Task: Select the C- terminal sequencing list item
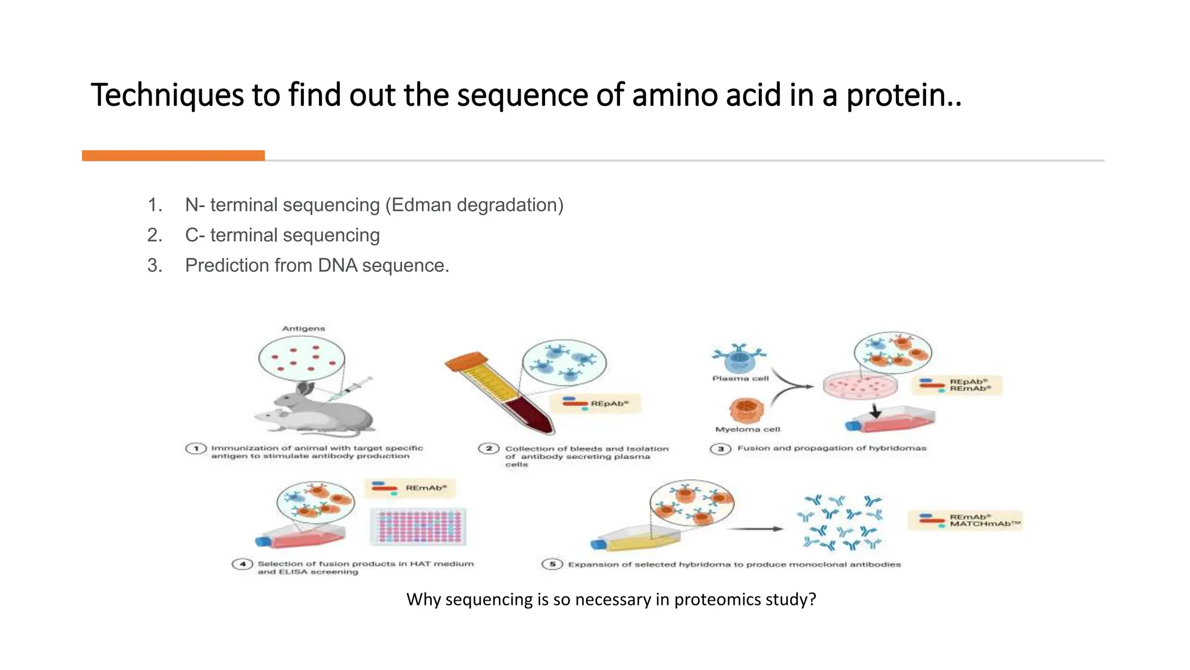(x=282, y=235)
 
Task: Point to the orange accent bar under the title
(x=173, y=155)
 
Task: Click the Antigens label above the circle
(x=303, y=329)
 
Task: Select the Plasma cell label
(x=740, y=378)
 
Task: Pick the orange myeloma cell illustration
(x=746, y=410)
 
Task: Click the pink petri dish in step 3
(x=860, y=385)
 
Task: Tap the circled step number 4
(x=242, y=564)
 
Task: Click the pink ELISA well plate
(x=418, y=526)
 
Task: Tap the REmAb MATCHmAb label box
(x=965, y=520)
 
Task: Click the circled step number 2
(x=489, y=448)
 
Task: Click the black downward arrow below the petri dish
(x=876, y=412)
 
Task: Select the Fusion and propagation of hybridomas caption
(x=831, y=448)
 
